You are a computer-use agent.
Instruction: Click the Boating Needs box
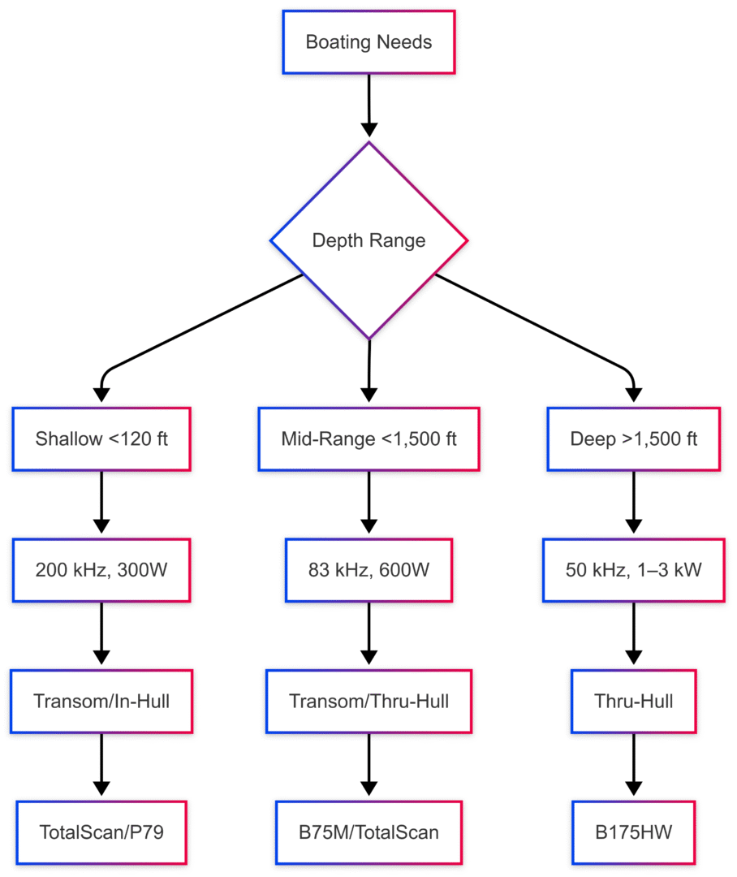point(368,42)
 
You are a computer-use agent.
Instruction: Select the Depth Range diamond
point(368,240)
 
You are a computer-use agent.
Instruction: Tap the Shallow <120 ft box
point(101,439)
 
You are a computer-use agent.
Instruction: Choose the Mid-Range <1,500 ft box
point(368,439)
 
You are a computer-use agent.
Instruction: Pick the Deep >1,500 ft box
point(633,439)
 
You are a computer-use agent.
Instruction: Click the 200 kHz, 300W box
point(101,570)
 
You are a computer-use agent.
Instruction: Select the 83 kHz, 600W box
point(368,570)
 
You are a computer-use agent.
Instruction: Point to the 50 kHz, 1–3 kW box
point(633,570)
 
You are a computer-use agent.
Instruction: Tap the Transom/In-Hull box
point(101,701)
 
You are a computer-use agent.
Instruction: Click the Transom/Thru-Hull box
point(368,701)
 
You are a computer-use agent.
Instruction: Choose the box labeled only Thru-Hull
point(633,701)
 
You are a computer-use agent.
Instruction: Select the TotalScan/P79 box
point(101,832)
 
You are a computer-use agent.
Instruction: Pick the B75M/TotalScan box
point(368,832)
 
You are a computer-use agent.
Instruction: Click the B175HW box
point(633,832)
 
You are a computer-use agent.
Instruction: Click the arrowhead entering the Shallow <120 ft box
point(101,395)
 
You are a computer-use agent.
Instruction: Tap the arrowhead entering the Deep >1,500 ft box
point(633,395)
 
